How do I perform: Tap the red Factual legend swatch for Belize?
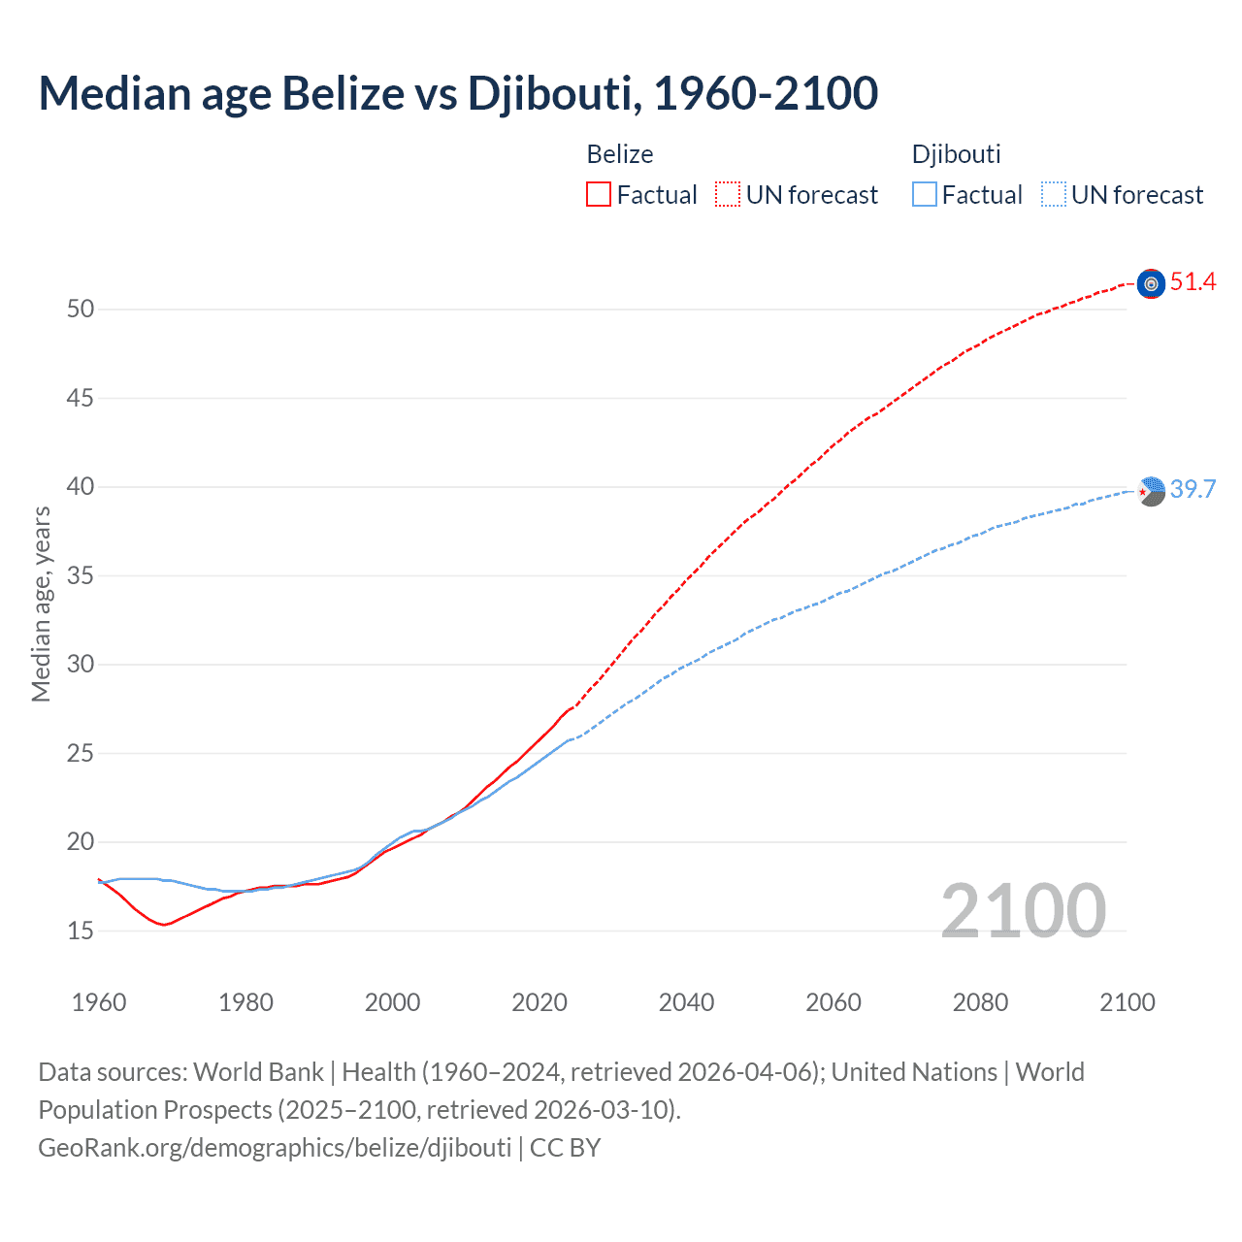tap(599, 195)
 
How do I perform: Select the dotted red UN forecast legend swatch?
tap(728, 195)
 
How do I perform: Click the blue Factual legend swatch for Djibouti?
tap(925, 195)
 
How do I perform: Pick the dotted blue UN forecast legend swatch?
tap(1054, 195)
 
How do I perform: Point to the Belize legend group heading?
tap(620, 154)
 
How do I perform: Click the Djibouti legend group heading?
tap(956, 154)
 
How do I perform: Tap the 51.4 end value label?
tap(1193, 282)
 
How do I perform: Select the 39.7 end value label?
tap(1193, 489)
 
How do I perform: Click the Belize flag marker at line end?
tap(1151, 283)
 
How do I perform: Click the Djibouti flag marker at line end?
tap(1151, 491)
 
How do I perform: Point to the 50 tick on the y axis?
tap(81, 310)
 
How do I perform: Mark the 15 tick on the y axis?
tap(81, 931)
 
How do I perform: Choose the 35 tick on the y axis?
tap(81, 576)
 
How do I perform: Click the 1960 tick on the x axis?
tap(99, 1002)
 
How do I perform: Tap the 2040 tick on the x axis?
tap(686, 1002)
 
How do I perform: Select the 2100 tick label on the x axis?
tap(1127, 1002)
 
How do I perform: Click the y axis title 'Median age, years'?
tap(41, 604)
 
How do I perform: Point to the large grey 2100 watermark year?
tap(1023, 910)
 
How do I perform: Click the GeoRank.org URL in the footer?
tap(275, 1148)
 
